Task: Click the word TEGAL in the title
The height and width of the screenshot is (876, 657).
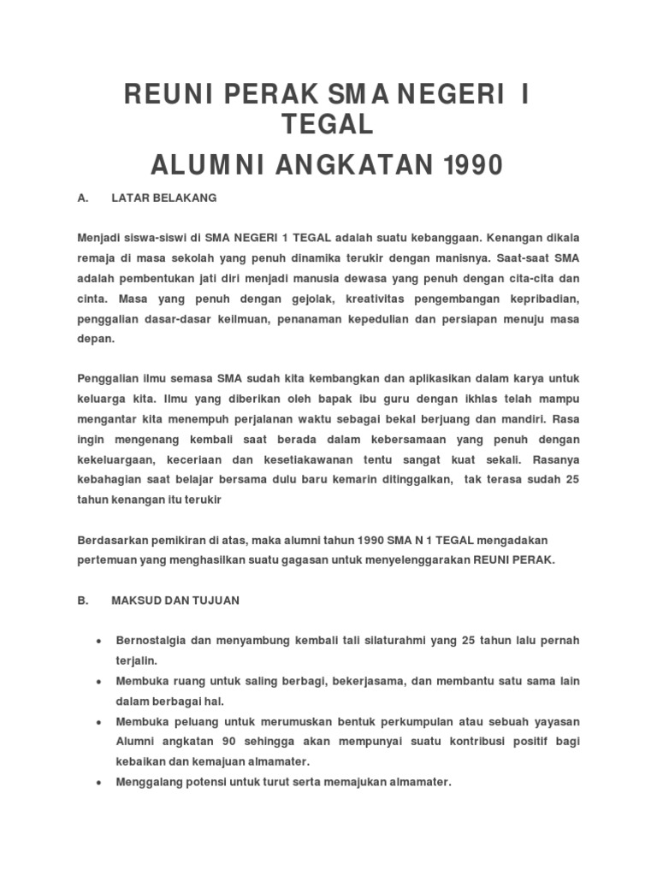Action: pyautogui.click(x=328, y=125)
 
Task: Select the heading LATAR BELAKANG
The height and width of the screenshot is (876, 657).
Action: pyautogui.click(x=164, y=198)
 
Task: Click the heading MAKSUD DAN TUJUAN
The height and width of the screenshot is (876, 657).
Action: pyautogui.click(x=175, y=601)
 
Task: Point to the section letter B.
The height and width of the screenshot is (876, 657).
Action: pyautogui.click(x=82, y=601)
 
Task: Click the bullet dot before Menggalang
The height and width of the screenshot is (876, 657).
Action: pyautogui.click(x=100, y=783)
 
